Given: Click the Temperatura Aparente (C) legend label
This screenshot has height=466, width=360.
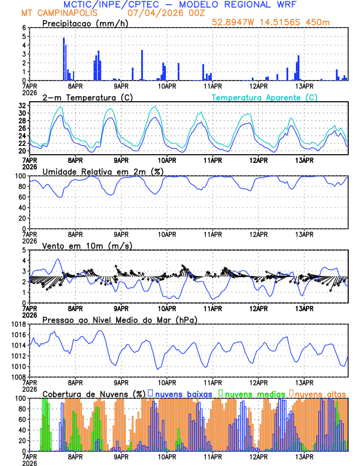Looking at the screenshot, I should pos(264,97).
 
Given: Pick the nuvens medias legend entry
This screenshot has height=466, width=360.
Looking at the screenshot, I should pos(251,393).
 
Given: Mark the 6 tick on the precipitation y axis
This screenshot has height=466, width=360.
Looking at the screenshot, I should pos(23,28).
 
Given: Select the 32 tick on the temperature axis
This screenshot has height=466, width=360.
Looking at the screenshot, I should pos(21,105).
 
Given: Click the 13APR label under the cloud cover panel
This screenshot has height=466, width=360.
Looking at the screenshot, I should pos(304,456).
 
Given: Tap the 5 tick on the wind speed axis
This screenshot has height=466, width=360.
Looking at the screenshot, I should pos(23,250).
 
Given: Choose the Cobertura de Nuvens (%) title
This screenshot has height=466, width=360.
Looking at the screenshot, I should pos(94,393).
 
